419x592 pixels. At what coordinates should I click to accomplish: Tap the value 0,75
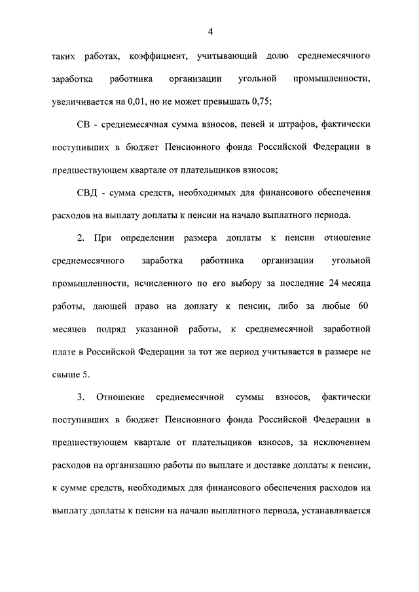(x=261, y=102)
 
